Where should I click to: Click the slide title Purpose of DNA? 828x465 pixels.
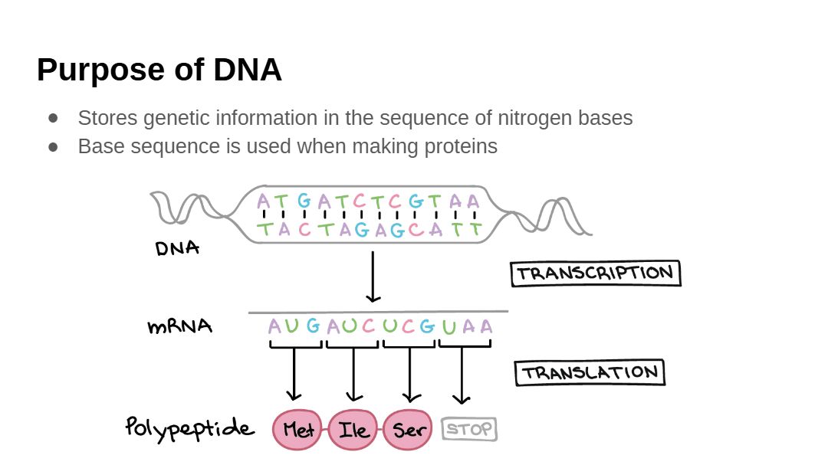click(159, 70)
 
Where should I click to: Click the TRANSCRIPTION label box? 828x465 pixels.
click(596, 273)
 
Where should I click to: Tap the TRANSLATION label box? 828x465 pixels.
click(590, 373)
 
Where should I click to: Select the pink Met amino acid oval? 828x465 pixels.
click(298, 430)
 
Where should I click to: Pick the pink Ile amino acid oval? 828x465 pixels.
click(353, 430)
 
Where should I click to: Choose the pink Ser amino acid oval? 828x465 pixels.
click(408, 430)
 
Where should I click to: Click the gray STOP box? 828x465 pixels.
click(469, 429)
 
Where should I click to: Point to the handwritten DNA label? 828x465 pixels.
click(177, 248)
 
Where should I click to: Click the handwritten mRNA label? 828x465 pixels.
click(179, 326)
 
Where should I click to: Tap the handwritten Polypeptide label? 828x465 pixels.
click(189, 427)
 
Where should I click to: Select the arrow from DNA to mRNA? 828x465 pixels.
click(373, 277)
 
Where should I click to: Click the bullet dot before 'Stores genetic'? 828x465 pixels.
click(53, 118)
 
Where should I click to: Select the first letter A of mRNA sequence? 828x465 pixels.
click(274, 327)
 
